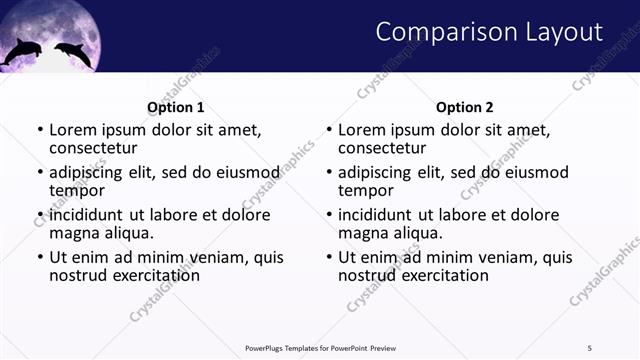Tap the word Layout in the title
(x=563, y=32)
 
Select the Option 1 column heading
(x=175, y=107)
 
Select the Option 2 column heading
(x=465, y=107)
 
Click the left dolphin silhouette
(x=20, y=52)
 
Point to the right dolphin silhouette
(x=72, y=53)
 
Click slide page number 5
(x=589, y=347)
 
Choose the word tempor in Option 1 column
(x=77, y=190)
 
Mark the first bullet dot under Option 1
(x=40, y=130)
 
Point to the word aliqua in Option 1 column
(x=129, y=233)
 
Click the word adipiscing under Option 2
(x=374, y=172)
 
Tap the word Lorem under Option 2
(x=361, y=129)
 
